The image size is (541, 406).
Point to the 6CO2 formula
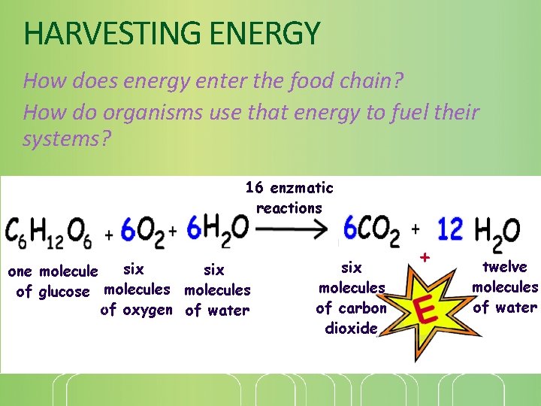pos(371,229)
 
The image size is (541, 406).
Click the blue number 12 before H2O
pos(450,229)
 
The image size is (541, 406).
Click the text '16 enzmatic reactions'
pos(289,198)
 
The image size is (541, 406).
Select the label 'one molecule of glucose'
pos(53,280)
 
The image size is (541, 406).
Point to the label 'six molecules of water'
pos(217,289)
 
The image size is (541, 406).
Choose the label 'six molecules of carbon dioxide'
pos(351,297)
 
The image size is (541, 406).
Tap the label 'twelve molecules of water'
pos(504,286)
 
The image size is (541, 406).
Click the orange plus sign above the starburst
pos(425,257)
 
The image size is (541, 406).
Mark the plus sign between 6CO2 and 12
pos(416,229)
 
